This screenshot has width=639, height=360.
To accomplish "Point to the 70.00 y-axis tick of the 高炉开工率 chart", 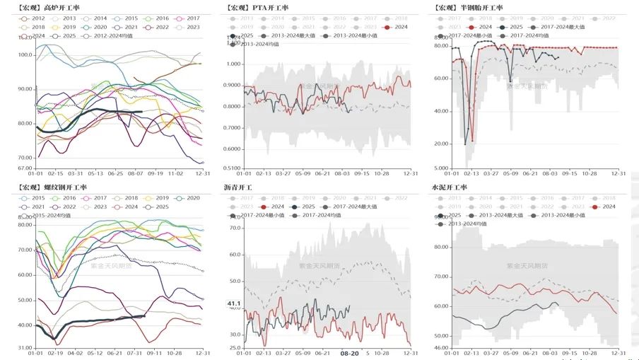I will pyautogui.click(x=25, y=158).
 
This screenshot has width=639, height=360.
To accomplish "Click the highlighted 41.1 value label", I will pyautogui.click(x=234, y=303).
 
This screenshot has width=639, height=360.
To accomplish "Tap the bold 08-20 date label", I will pyautogui.click(x=350, y=352).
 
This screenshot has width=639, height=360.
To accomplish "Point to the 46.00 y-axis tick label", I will pyautogui.click(x=440, y=347).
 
